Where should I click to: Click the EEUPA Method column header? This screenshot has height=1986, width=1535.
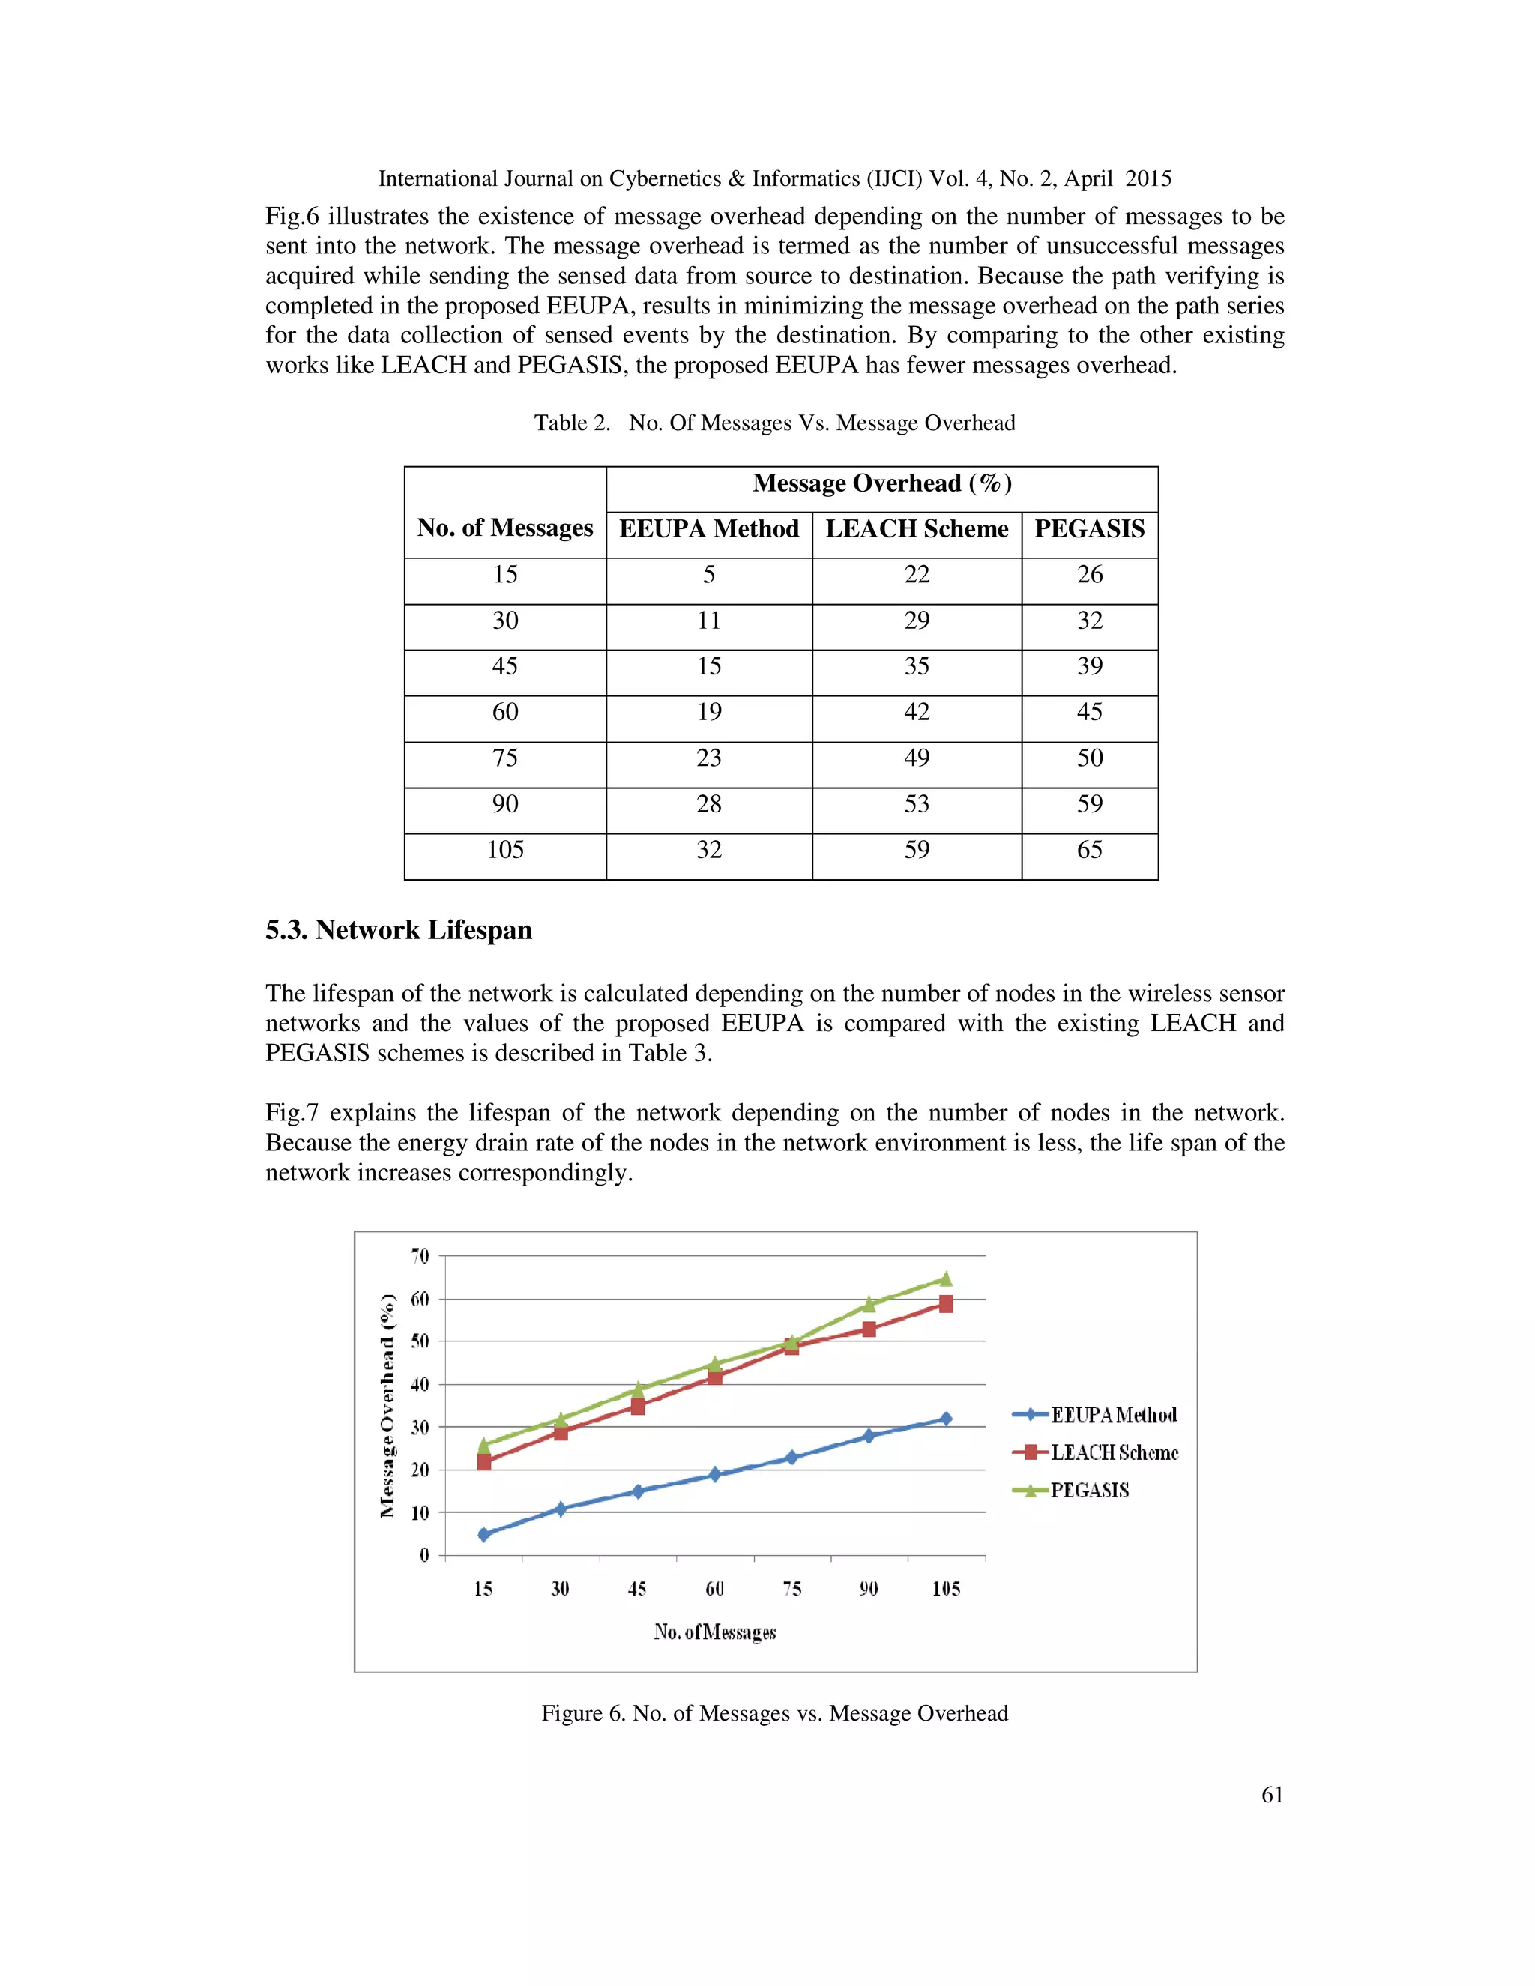(708, 529)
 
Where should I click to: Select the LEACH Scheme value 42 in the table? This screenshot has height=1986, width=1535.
(916, 712)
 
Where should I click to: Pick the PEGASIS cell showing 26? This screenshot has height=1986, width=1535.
(1088, 575)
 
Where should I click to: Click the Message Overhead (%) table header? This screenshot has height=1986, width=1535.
(881, 484)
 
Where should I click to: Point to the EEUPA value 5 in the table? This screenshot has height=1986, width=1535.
(708, 575)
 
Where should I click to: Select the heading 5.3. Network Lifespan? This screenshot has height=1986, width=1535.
(398, 930)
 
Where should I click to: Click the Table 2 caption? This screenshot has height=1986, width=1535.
(773, 423)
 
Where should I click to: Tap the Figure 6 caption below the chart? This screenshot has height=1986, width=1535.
(773, 1713)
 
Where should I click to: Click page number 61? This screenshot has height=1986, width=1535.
(1271, 1794)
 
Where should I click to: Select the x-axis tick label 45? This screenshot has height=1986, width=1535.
(636, 1589)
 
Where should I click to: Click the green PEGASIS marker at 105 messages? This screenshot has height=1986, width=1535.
(946, 1279)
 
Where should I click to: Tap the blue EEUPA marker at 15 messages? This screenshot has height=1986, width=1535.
(483, 1534)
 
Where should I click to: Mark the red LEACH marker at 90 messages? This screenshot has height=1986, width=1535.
(869, 1329)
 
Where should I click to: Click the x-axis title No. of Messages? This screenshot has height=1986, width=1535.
(715, 1632)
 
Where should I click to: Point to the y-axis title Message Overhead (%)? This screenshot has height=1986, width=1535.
(388, 1405)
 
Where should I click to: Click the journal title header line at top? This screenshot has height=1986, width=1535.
(773, 179)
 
